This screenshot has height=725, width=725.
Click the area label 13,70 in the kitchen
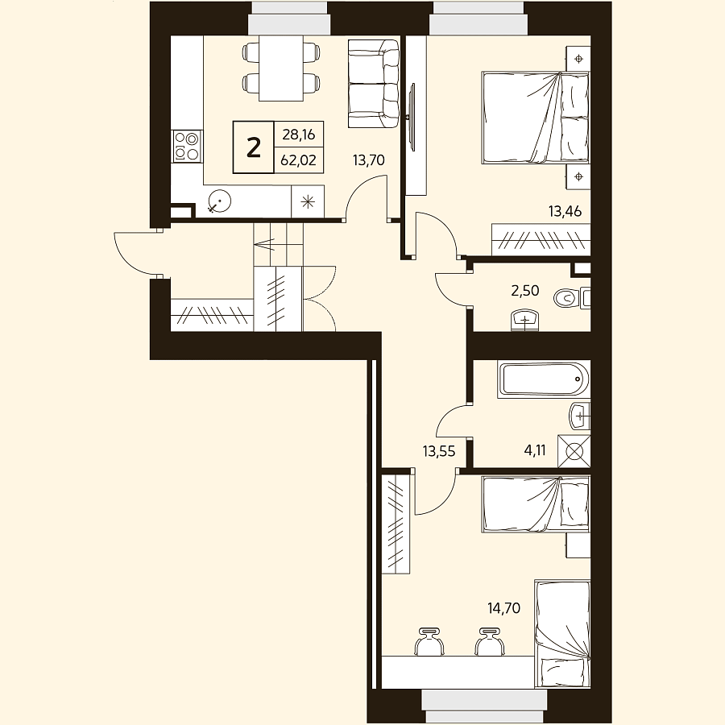(x=368, y=160)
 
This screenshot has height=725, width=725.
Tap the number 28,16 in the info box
(x=298, y=135)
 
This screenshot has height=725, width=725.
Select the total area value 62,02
(x=298, y=160)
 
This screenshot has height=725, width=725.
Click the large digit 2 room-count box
(x=254, y=147)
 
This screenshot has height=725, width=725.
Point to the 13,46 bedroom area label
(x=565, y=212)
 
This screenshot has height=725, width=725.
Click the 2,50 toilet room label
(x=524, y=290)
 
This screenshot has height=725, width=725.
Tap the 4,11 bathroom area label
(x=535, y=449)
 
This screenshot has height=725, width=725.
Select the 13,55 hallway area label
(x=439, y=451)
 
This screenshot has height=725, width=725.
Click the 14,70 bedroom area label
(x=504, y=608)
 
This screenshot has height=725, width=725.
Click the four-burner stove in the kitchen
(x=187, y=146)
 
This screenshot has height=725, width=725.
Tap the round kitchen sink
(x=220, y=201)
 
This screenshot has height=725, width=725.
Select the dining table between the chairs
(x=280, y=68)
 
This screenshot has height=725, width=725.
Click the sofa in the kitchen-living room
(x=374, y=83)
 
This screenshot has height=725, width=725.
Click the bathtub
(x=544, y=379)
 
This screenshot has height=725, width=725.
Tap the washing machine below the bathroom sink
(x=574, y=451)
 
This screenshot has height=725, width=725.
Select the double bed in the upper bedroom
(x=536, y=118)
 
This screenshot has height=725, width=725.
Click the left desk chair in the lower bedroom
(x=429, y=642)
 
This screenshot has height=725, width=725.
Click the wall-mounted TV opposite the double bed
(x=412, y=117)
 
